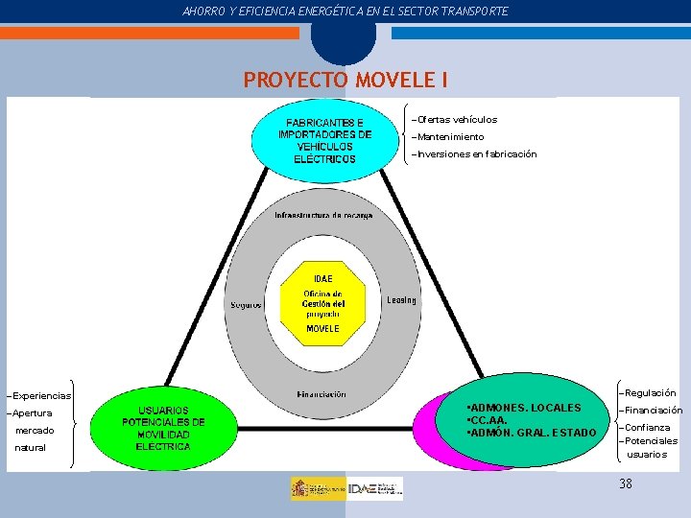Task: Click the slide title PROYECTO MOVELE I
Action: pyautogui.click(x=345, y=80)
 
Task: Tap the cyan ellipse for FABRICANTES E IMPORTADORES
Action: pyautogui.click(x=324, y=140)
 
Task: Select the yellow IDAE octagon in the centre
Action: pyautogui.click(x=322, y=303)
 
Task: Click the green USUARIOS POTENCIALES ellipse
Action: pyautogui.click(x=163, y=428)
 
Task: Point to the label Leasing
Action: pyautogui.click(x=401, y=300)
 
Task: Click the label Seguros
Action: pyautogui.click(x=246, y=305)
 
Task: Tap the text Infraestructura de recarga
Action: pyautogui.click(x=323, y=215)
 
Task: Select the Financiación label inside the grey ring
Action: pyautogui.click(x=322, y=393)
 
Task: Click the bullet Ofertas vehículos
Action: pyautogui.click(x=456, y=120)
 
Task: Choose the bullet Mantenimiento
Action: pyautogui.click(x=450, y=137)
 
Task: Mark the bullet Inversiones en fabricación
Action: pyautogui.click(x=476, y=154)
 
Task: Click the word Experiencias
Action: pyautogui.click(x=41, y=395)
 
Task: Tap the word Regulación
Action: pyautogui.click(x=650, y=392)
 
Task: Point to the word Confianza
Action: pyautogui.click(x=647, y=428)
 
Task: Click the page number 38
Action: pyautogui.click(x=626, y=484)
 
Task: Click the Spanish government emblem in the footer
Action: pyautogui.click(x=318, y=488)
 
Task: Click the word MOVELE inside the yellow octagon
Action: pyautogui.click(x=322, y=328)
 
